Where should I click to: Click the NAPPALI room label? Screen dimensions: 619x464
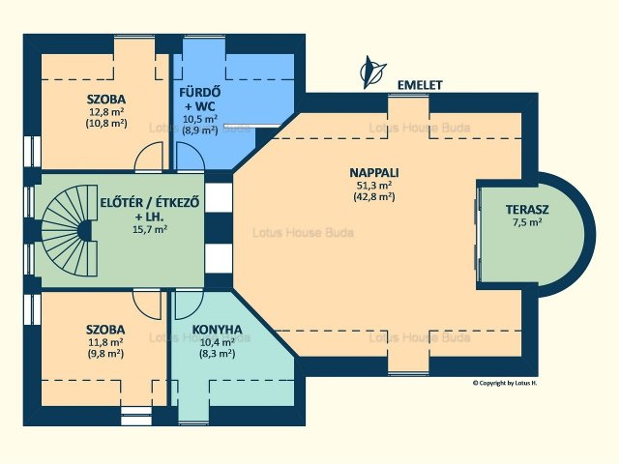[374, 173]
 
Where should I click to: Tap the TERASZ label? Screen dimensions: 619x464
[527, 210]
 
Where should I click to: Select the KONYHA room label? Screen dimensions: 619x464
[217, 330]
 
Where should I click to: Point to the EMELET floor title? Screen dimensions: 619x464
[420, 85]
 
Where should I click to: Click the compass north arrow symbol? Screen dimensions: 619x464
[371, 72]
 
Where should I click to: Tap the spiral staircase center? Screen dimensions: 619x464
[84, 230]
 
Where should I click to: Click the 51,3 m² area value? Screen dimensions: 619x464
[374, 185]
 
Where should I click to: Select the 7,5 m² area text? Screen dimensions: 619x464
[527, 221]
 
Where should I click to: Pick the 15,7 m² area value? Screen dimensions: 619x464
[150, 229]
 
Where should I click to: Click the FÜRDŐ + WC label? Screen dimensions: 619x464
[200, 99]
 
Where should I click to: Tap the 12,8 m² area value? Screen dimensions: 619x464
[106, 111]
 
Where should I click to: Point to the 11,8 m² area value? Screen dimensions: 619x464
[105, 341]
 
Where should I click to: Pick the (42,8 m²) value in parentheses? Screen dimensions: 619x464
[374, 196]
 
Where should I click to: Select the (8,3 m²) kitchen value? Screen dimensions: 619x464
[217, 353]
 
